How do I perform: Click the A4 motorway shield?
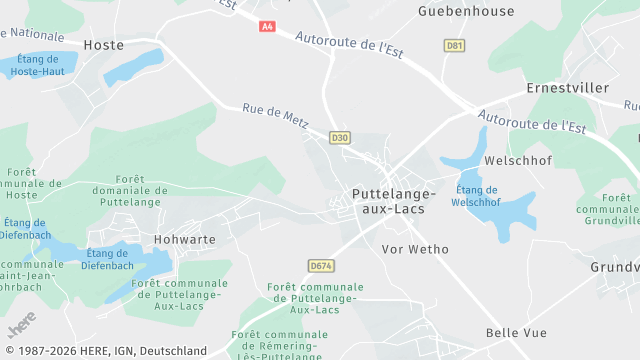pyautogui.click(x=267, y=26)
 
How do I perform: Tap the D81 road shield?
pyautogui.click(x=455, y=46)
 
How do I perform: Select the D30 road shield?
pyautogui.click(x=341, y=137)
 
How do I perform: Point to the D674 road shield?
pyautogui.click(x=320, y=265)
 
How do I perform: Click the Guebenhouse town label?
pyautogui.click(x=466, y=12)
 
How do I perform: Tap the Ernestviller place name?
pyautogui.click(x=567, y=88)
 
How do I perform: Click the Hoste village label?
pyautogui.click(x=104, y=45)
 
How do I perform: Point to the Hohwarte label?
pyautogui.click(x=185, y=239)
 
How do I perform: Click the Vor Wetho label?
pyautogui.click(x=415, y=249)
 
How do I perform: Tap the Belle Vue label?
pyautogui.click(x=515, y=332)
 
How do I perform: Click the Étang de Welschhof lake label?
pyautogui.click(x=476, y=196)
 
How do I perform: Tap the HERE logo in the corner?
pyautogui.click(x=21, y=324)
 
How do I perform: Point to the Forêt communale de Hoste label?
pyautogui.click(x=21, y=183)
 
